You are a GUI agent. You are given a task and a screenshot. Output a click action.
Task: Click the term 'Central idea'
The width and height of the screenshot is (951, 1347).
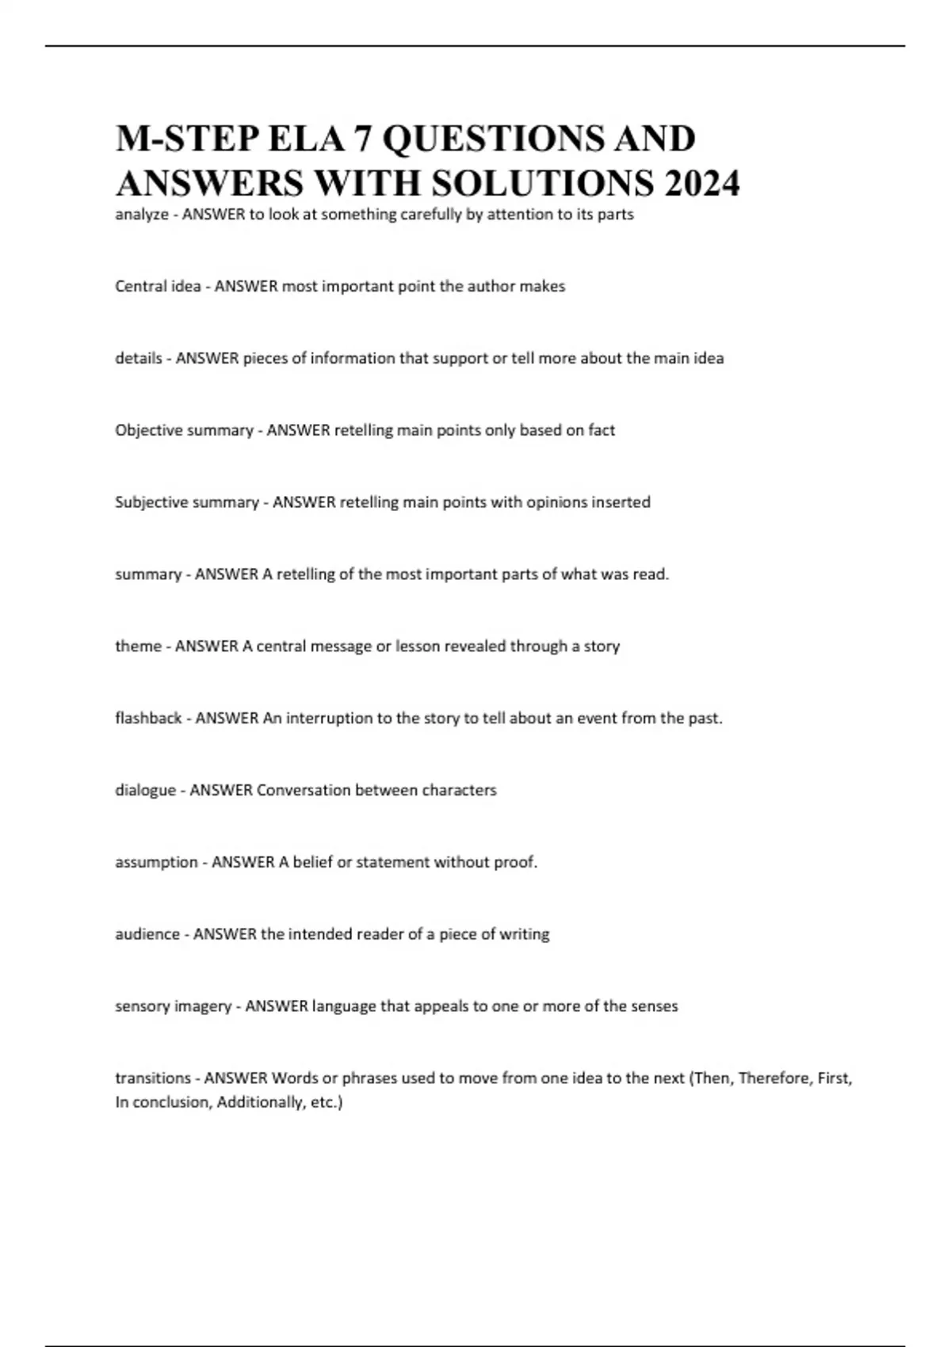(158, 286)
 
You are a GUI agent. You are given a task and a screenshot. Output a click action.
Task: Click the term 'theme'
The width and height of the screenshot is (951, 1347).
(138, 647)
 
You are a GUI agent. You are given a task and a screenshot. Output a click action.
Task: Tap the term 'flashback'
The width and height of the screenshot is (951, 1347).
(148, 719)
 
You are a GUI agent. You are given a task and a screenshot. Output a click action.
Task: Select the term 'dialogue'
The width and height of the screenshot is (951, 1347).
(145, 790)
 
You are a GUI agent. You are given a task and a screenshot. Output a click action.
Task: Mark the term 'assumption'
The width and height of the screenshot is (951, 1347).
(156, 862)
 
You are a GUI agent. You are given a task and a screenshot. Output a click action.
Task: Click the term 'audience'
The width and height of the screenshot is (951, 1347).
(147, 934)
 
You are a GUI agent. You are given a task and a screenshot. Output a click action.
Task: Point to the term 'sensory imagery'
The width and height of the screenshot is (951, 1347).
(173, 1006)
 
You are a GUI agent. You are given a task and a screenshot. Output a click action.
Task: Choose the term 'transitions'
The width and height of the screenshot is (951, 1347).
(153, 1078)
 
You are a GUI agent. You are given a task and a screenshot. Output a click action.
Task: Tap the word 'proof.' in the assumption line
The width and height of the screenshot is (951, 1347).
(516, 862)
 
